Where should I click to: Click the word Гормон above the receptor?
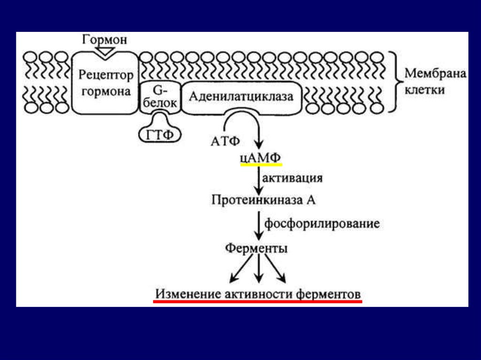105,39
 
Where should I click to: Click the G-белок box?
160,97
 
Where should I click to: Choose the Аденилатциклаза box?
241,97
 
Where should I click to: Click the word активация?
292,179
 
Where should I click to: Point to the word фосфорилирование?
322,223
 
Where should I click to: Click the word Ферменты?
256,248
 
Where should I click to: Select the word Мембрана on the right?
435,74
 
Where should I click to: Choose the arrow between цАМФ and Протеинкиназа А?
258,180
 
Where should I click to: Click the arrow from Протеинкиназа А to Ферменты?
258,226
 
